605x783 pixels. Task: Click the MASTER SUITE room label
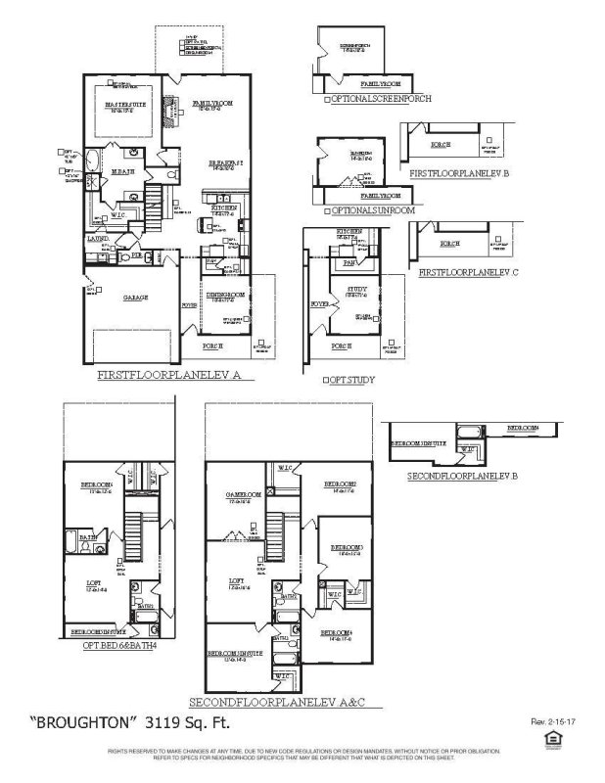click(x=125, y=107)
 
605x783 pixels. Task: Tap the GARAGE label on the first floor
click(x=135, y=298)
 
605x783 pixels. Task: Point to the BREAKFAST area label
click(x=227, y=162)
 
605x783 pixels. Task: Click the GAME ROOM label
click(x=245, y=494)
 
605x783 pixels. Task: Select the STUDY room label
click(x=354, y=291)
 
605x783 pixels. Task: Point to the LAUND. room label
click(x=98, y=238)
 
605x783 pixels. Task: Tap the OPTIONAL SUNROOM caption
click(x=373, y=209)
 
